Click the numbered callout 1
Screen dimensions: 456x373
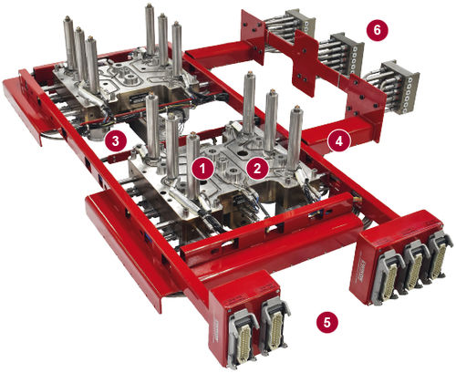pyautogui.click(x=202, y=169)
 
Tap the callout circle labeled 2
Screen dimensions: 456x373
pyautogui.click(x=257, y=168)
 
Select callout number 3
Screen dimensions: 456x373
pyautogui.click(x=115, y=140)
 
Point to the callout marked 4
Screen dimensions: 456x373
pyautogui.click(x=339, y=141)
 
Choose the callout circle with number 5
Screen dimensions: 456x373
pyautogui.click(x=326, y=322)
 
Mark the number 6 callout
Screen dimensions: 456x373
pyautogui.click(x=377, y=30)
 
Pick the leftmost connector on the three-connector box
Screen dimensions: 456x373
pyautogui.click(x=389, y=276)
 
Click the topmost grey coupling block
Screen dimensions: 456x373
pyautogui.click(x=300, y=22)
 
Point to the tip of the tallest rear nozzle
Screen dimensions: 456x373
pyautogui.click(x=149, y=5)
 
